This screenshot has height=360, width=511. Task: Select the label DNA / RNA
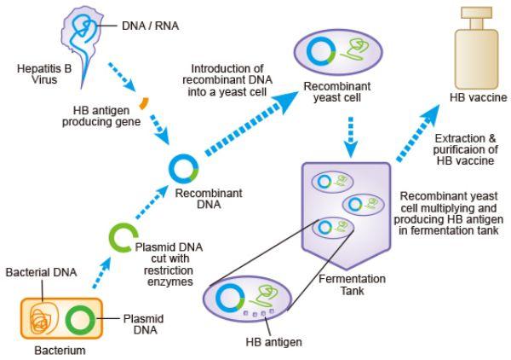tap(150, 26)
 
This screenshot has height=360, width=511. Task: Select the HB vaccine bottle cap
tap(477, 13)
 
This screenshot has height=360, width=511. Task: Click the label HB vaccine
tap(479, 97)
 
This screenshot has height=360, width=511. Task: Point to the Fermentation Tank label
tap(352, 285)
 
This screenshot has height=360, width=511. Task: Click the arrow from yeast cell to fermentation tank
tap(351, 137)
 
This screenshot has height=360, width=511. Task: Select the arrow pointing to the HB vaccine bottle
tap(418, 133)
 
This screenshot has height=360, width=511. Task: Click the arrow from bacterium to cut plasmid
tap(101, 272)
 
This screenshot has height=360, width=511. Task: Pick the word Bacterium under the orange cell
tap(60, 351)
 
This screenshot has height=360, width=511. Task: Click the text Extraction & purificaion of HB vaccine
tap(465, 149)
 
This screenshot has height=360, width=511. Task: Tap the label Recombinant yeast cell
tap(337, 92)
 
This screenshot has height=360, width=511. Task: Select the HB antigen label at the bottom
tap(273, 342)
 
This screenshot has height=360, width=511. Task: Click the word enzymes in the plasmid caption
tap(170, 282)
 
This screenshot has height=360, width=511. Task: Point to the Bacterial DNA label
tap(42, 272)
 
